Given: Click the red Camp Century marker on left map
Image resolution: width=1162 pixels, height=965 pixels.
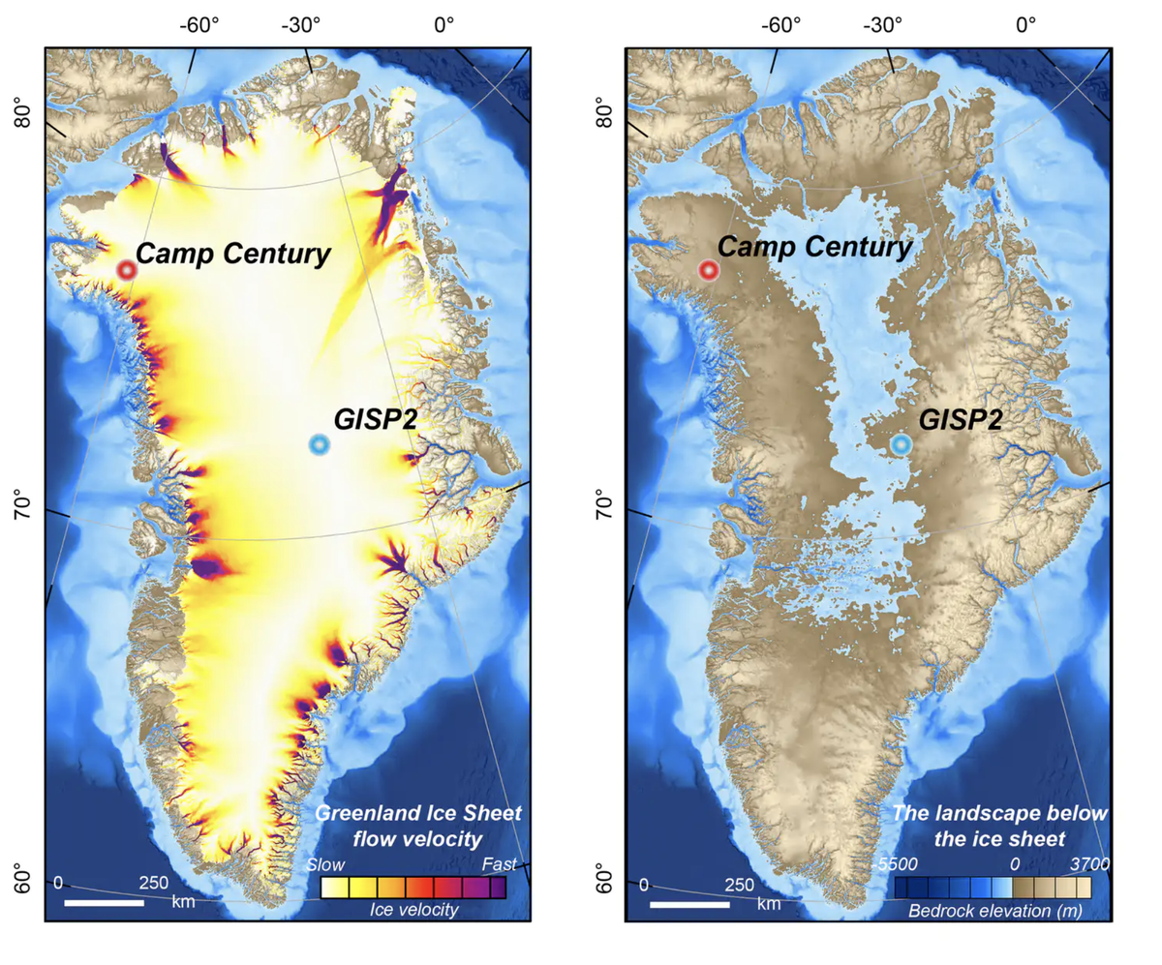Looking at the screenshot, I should tap(126, 271).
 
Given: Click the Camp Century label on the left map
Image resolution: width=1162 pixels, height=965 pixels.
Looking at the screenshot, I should tap(233, 255).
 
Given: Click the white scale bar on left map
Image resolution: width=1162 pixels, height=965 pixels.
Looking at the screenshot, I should tap(104, 903).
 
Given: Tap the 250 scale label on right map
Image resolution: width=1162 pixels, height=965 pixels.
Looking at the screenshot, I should tap(740, 884).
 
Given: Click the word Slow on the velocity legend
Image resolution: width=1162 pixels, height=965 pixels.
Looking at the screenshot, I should tap(325, 864).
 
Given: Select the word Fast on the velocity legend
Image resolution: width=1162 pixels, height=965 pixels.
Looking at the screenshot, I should tap(501, 864).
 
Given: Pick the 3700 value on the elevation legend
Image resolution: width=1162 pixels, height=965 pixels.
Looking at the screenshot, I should tap(1090, 863).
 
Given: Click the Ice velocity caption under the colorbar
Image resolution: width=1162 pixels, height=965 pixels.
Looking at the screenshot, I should tap(413, 910).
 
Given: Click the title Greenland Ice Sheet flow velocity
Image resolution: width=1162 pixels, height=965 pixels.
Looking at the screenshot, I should tap(418, 824).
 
